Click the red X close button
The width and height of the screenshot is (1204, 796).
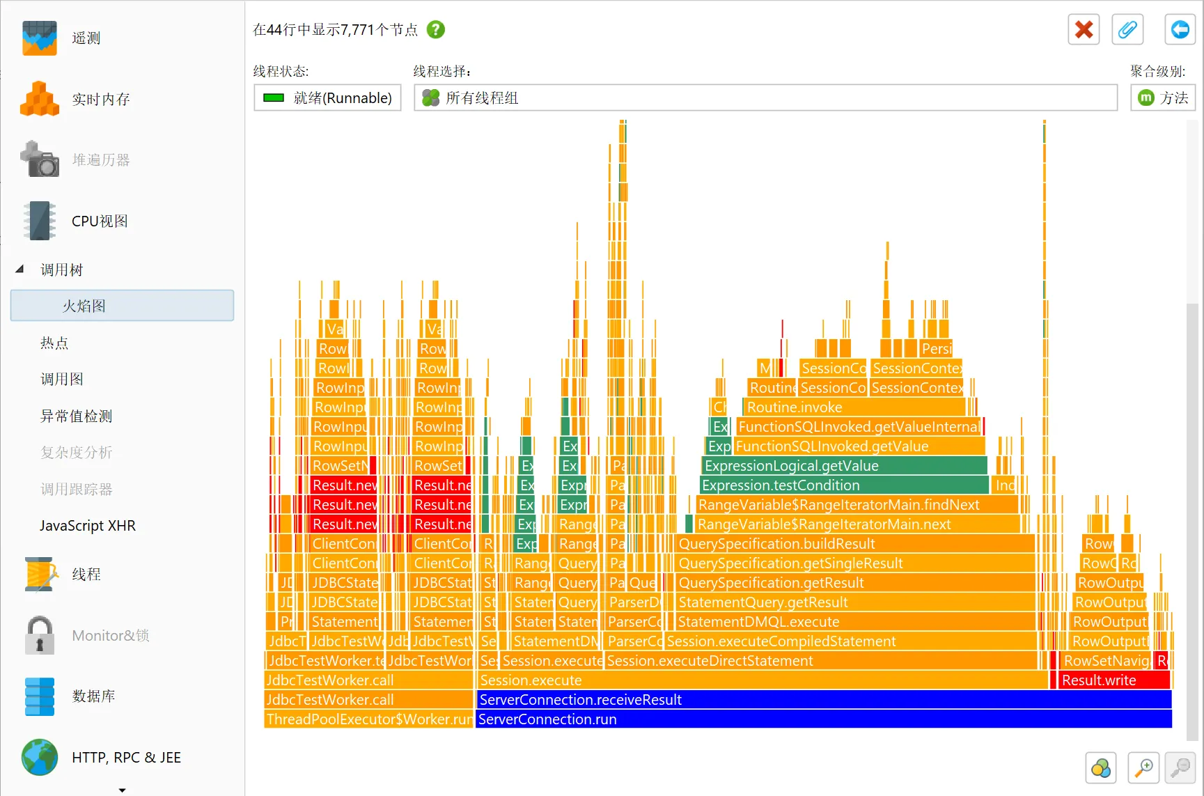1084,30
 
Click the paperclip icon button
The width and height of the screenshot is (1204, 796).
1127,30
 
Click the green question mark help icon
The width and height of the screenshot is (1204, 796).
436,30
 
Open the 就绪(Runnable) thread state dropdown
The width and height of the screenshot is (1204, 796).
327,98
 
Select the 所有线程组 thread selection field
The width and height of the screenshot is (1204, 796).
765,98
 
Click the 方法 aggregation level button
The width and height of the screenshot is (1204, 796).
1163,98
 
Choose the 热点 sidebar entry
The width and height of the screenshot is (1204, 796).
54,343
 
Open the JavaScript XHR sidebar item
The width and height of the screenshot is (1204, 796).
88,526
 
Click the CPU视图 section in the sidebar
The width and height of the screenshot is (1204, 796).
100,221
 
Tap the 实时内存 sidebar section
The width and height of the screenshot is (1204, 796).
101,99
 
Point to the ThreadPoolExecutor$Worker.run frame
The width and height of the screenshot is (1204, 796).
368,719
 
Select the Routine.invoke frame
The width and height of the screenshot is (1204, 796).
854,407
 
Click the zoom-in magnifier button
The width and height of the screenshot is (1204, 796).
1143,768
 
